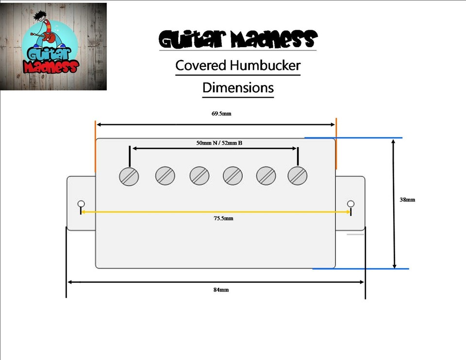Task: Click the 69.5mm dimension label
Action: pyautogui.click(x=221, y=114)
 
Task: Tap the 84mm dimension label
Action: pyautogui.click(x=221, y=290)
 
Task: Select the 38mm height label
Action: pyautogui.click(x=407, y=199)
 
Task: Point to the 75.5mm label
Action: pyautogui.click(x=223, y=218)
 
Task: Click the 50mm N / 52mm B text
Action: pyautogui.click(x=219, y=143)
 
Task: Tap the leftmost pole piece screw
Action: pyautogui.click(x=129, y=177)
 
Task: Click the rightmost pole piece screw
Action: pyautogui.click(x=298, y=176)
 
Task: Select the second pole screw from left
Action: pyautogui.click(x=165, y=176)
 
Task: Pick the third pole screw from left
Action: pyautogui.click(x=200, y=176)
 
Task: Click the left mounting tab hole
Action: pyautogui.click(x=81, y=204)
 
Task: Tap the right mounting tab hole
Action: pyautogui.click(x=350, y=204)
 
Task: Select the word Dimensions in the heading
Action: pyautogui.click(x=238, y=88)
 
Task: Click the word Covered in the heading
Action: pyautogui.click(x=201, y=65)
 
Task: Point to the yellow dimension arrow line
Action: pyautogui.click(x=216, y=212)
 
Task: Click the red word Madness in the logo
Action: pyautogui.click(x=51, y=67)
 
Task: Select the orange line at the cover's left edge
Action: pyautogui.click(x=96, y=147)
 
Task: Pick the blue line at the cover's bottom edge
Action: pyautogui.click(x=361, y=269)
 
